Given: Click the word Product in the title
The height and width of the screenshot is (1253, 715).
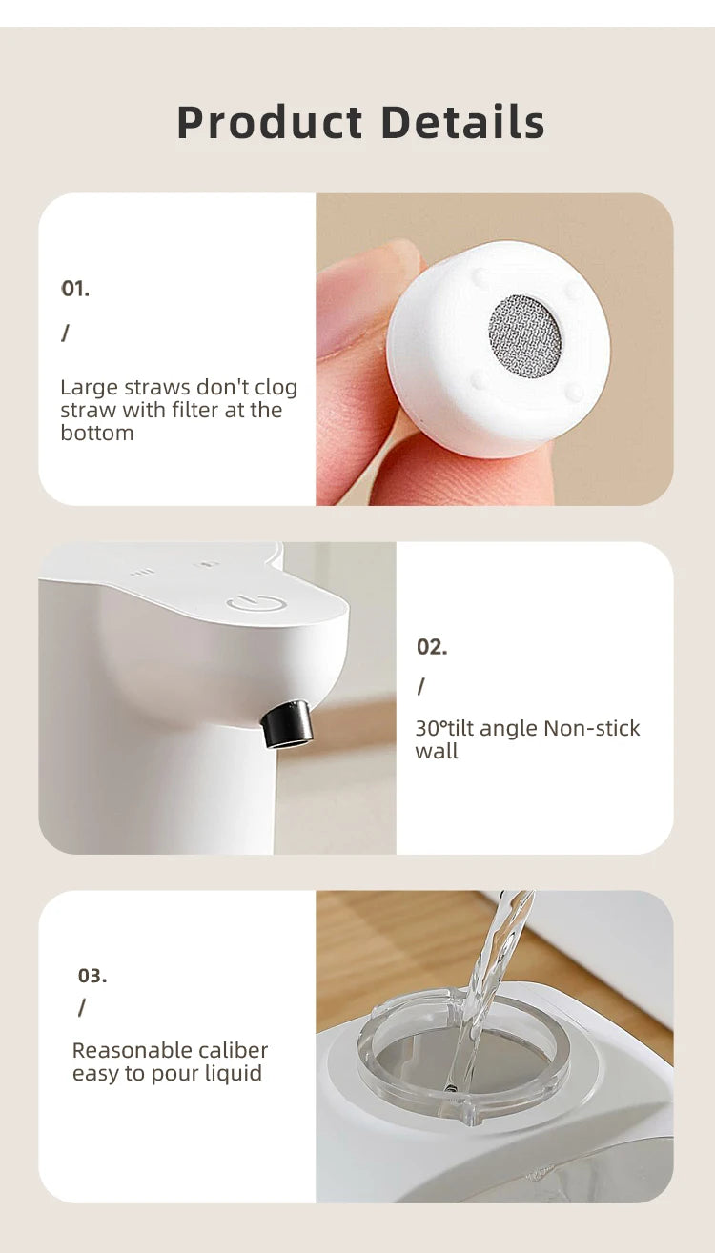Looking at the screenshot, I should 270,123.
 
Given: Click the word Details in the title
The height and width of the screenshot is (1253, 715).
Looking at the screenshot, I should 462,123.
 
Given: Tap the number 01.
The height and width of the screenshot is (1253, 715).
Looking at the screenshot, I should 75,289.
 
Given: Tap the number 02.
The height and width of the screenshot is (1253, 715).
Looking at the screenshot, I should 432,647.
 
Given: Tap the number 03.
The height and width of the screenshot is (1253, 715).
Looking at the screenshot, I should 92,976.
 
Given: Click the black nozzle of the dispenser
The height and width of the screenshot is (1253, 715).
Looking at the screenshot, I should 290,724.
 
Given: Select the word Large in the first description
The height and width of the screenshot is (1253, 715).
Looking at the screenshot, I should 89,388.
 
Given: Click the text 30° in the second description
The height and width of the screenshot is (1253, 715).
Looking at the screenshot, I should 430,728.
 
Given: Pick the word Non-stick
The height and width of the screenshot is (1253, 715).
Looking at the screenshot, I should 591,728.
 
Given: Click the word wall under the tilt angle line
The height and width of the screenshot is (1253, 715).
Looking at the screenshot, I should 437,751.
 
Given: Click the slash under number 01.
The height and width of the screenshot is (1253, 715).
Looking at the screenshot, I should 66,333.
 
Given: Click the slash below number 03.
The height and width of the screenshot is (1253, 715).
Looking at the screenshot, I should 82,1007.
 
